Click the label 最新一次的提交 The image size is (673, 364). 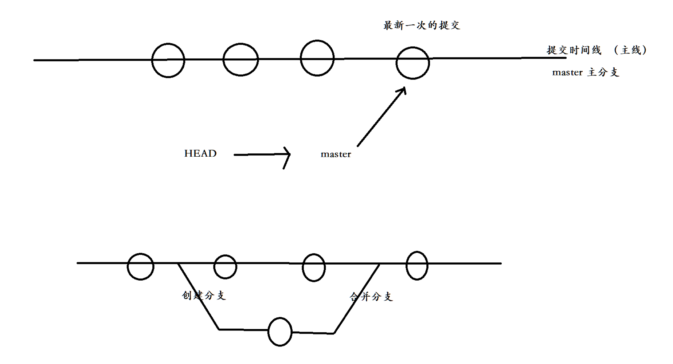[x=422, y=26]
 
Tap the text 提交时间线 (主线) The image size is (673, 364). [x=597, y=50]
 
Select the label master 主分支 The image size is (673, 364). [x=586, y=73]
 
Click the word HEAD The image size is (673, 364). [x=200, y=153]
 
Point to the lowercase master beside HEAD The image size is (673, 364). [x=336, y=154]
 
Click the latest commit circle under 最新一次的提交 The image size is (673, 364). [x=412, y=63]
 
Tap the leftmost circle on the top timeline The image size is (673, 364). [x=168, y=60]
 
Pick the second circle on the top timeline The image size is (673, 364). [x=240, y=60]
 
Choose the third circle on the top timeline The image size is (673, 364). [x=317, y=58]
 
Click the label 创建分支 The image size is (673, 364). [x=204, y=295]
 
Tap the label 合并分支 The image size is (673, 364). [x=371, y=297]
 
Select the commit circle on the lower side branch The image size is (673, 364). [x=280, y=332]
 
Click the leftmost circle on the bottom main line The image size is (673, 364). [x=141, y=266]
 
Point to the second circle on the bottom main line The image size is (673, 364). [x=225, y=267]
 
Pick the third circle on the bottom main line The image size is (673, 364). [x=314, y=267]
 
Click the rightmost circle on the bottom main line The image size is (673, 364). [x=417, y=266]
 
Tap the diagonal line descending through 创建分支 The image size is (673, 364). [x=199, y=297]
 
